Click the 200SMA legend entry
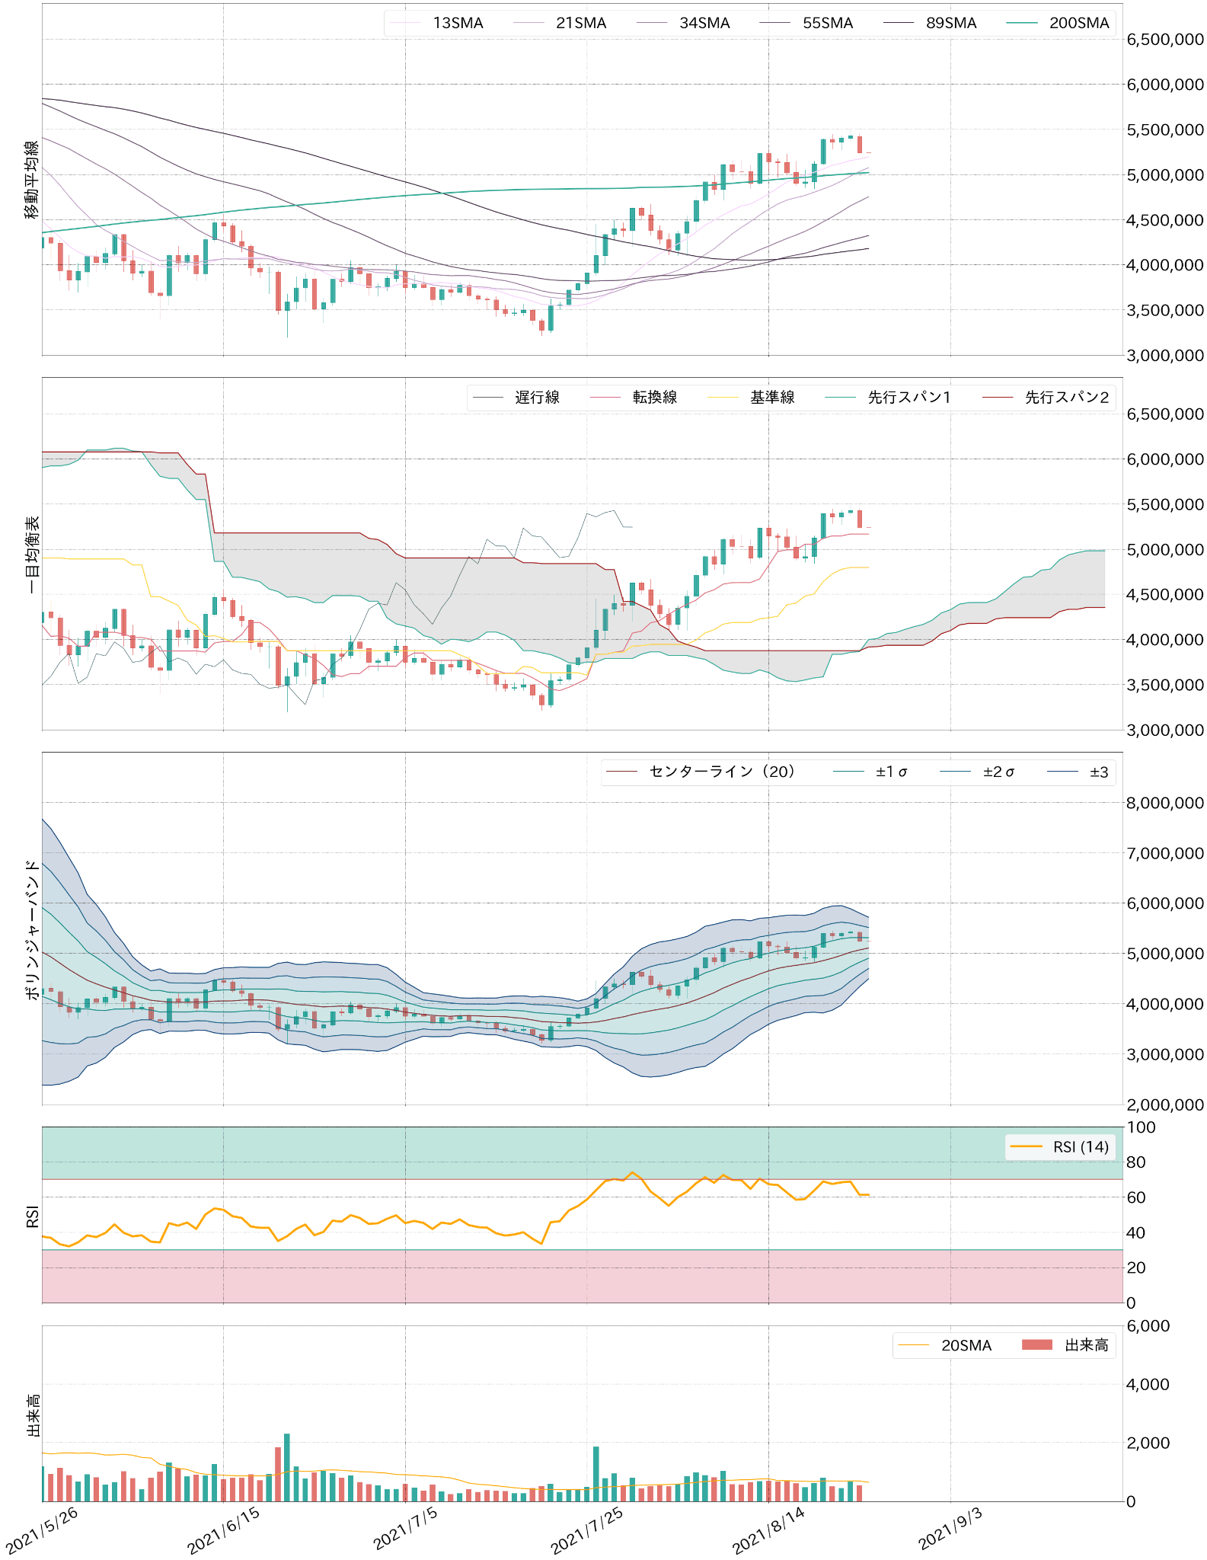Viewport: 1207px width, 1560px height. pyautogui.click(x=1078, y=23)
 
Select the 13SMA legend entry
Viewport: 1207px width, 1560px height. pyautogui.click(x=458, y=23)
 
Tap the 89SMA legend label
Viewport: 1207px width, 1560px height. pyautogui.click(x=951, y=23)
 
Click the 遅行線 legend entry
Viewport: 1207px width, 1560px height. pyautogui.click(x=537, y=397)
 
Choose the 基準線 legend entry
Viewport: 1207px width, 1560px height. pyautogui.click(x=772, y=397)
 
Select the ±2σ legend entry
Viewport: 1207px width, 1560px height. pyautogui.click(x=998, y=772)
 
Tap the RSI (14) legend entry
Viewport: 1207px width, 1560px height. pyautogui.click(x=1081, y=1147)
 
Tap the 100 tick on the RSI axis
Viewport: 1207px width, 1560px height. pyautogui.click(x=1141, y=1127)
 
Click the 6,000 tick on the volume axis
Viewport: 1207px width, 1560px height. pyautogui.click(x=1148, y=1326)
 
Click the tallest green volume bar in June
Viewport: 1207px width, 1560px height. pyautogui.click(x=287, y=1467)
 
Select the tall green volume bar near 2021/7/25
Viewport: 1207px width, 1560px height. pyautogui.click(x=596, y=1474)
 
